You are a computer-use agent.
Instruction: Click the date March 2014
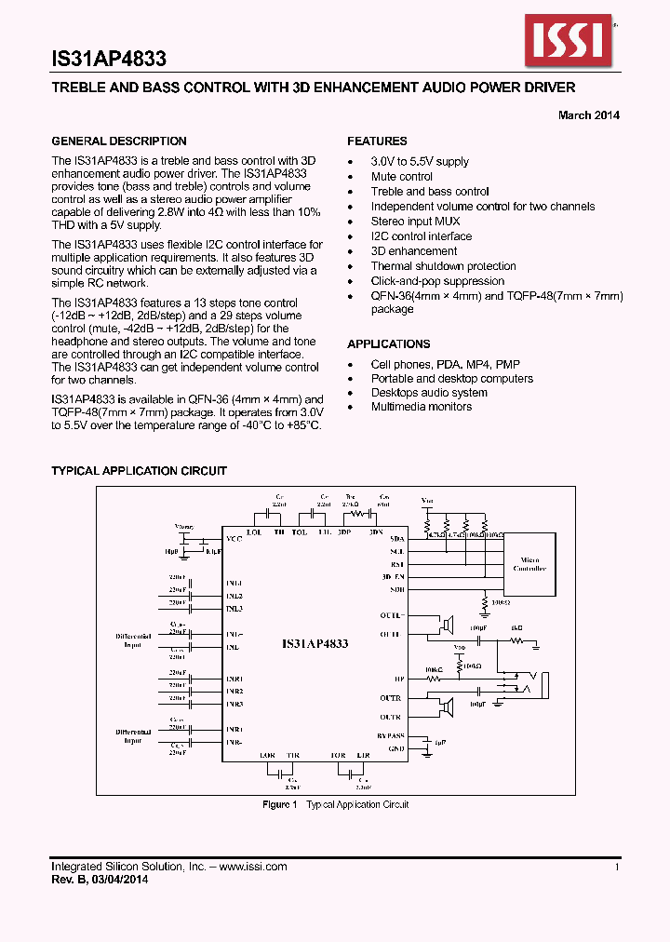tap(588, 115)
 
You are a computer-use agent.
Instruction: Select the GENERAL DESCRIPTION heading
tap(119, 141)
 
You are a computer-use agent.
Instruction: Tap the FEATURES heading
tap(377, 141)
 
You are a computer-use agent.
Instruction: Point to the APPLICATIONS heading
tap(389, 343)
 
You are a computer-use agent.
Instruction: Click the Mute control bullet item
tap(401, 177)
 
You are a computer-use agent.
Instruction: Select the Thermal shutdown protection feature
tap(443, 266)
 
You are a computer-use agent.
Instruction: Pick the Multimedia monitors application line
tap(421, 407)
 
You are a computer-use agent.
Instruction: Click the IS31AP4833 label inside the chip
tap(315, 643)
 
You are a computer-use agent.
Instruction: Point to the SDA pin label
tap(397, 539)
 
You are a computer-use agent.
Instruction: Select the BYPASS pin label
tap(392, 734)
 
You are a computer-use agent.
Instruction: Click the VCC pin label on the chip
tap(233, 539)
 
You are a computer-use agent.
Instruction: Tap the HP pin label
tap(399, 680)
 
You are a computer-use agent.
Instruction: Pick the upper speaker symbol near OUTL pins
tap(449, 623)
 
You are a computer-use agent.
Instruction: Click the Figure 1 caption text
tap(335, 804)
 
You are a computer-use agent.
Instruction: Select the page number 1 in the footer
tap(617, 867)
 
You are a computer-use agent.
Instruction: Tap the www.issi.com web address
tap(253, 867)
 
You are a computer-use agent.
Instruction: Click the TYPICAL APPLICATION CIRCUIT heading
tap(139, 471)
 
